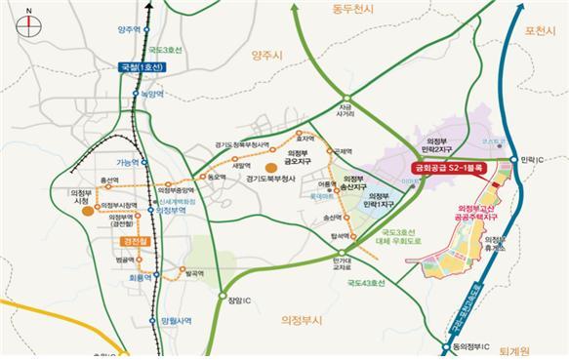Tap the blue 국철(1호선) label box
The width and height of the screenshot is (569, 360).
coord(141,67)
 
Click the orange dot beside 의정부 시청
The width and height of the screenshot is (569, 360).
coord(88,209)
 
